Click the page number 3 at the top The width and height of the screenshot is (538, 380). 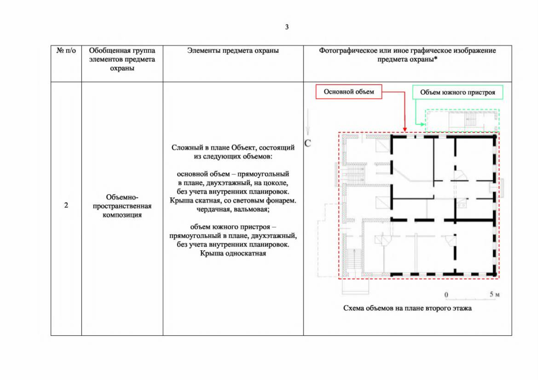[287, 27]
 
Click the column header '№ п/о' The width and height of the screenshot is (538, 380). [66, 51]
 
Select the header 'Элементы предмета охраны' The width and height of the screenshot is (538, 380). [233, 51]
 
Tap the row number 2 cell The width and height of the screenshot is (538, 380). [66, 205]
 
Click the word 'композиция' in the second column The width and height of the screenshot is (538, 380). [122, 215]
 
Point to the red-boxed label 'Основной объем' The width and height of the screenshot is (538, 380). [349, 92]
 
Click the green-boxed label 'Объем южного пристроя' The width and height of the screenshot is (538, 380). [457, 92]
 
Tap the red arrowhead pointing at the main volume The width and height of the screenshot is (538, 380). [405, 130]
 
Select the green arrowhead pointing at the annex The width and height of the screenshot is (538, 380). [423, 124]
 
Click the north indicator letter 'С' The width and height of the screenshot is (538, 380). [308, 143]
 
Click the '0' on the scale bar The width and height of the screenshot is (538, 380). [446, 294]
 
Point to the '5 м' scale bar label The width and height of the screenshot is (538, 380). [495, 294]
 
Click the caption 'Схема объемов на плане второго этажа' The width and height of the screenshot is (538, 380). [407, 308]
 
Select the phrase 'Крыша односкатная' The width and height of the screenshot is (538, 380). [233, 253]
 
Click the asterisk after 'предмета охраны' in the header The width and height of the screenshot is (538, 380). [436, 58]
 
